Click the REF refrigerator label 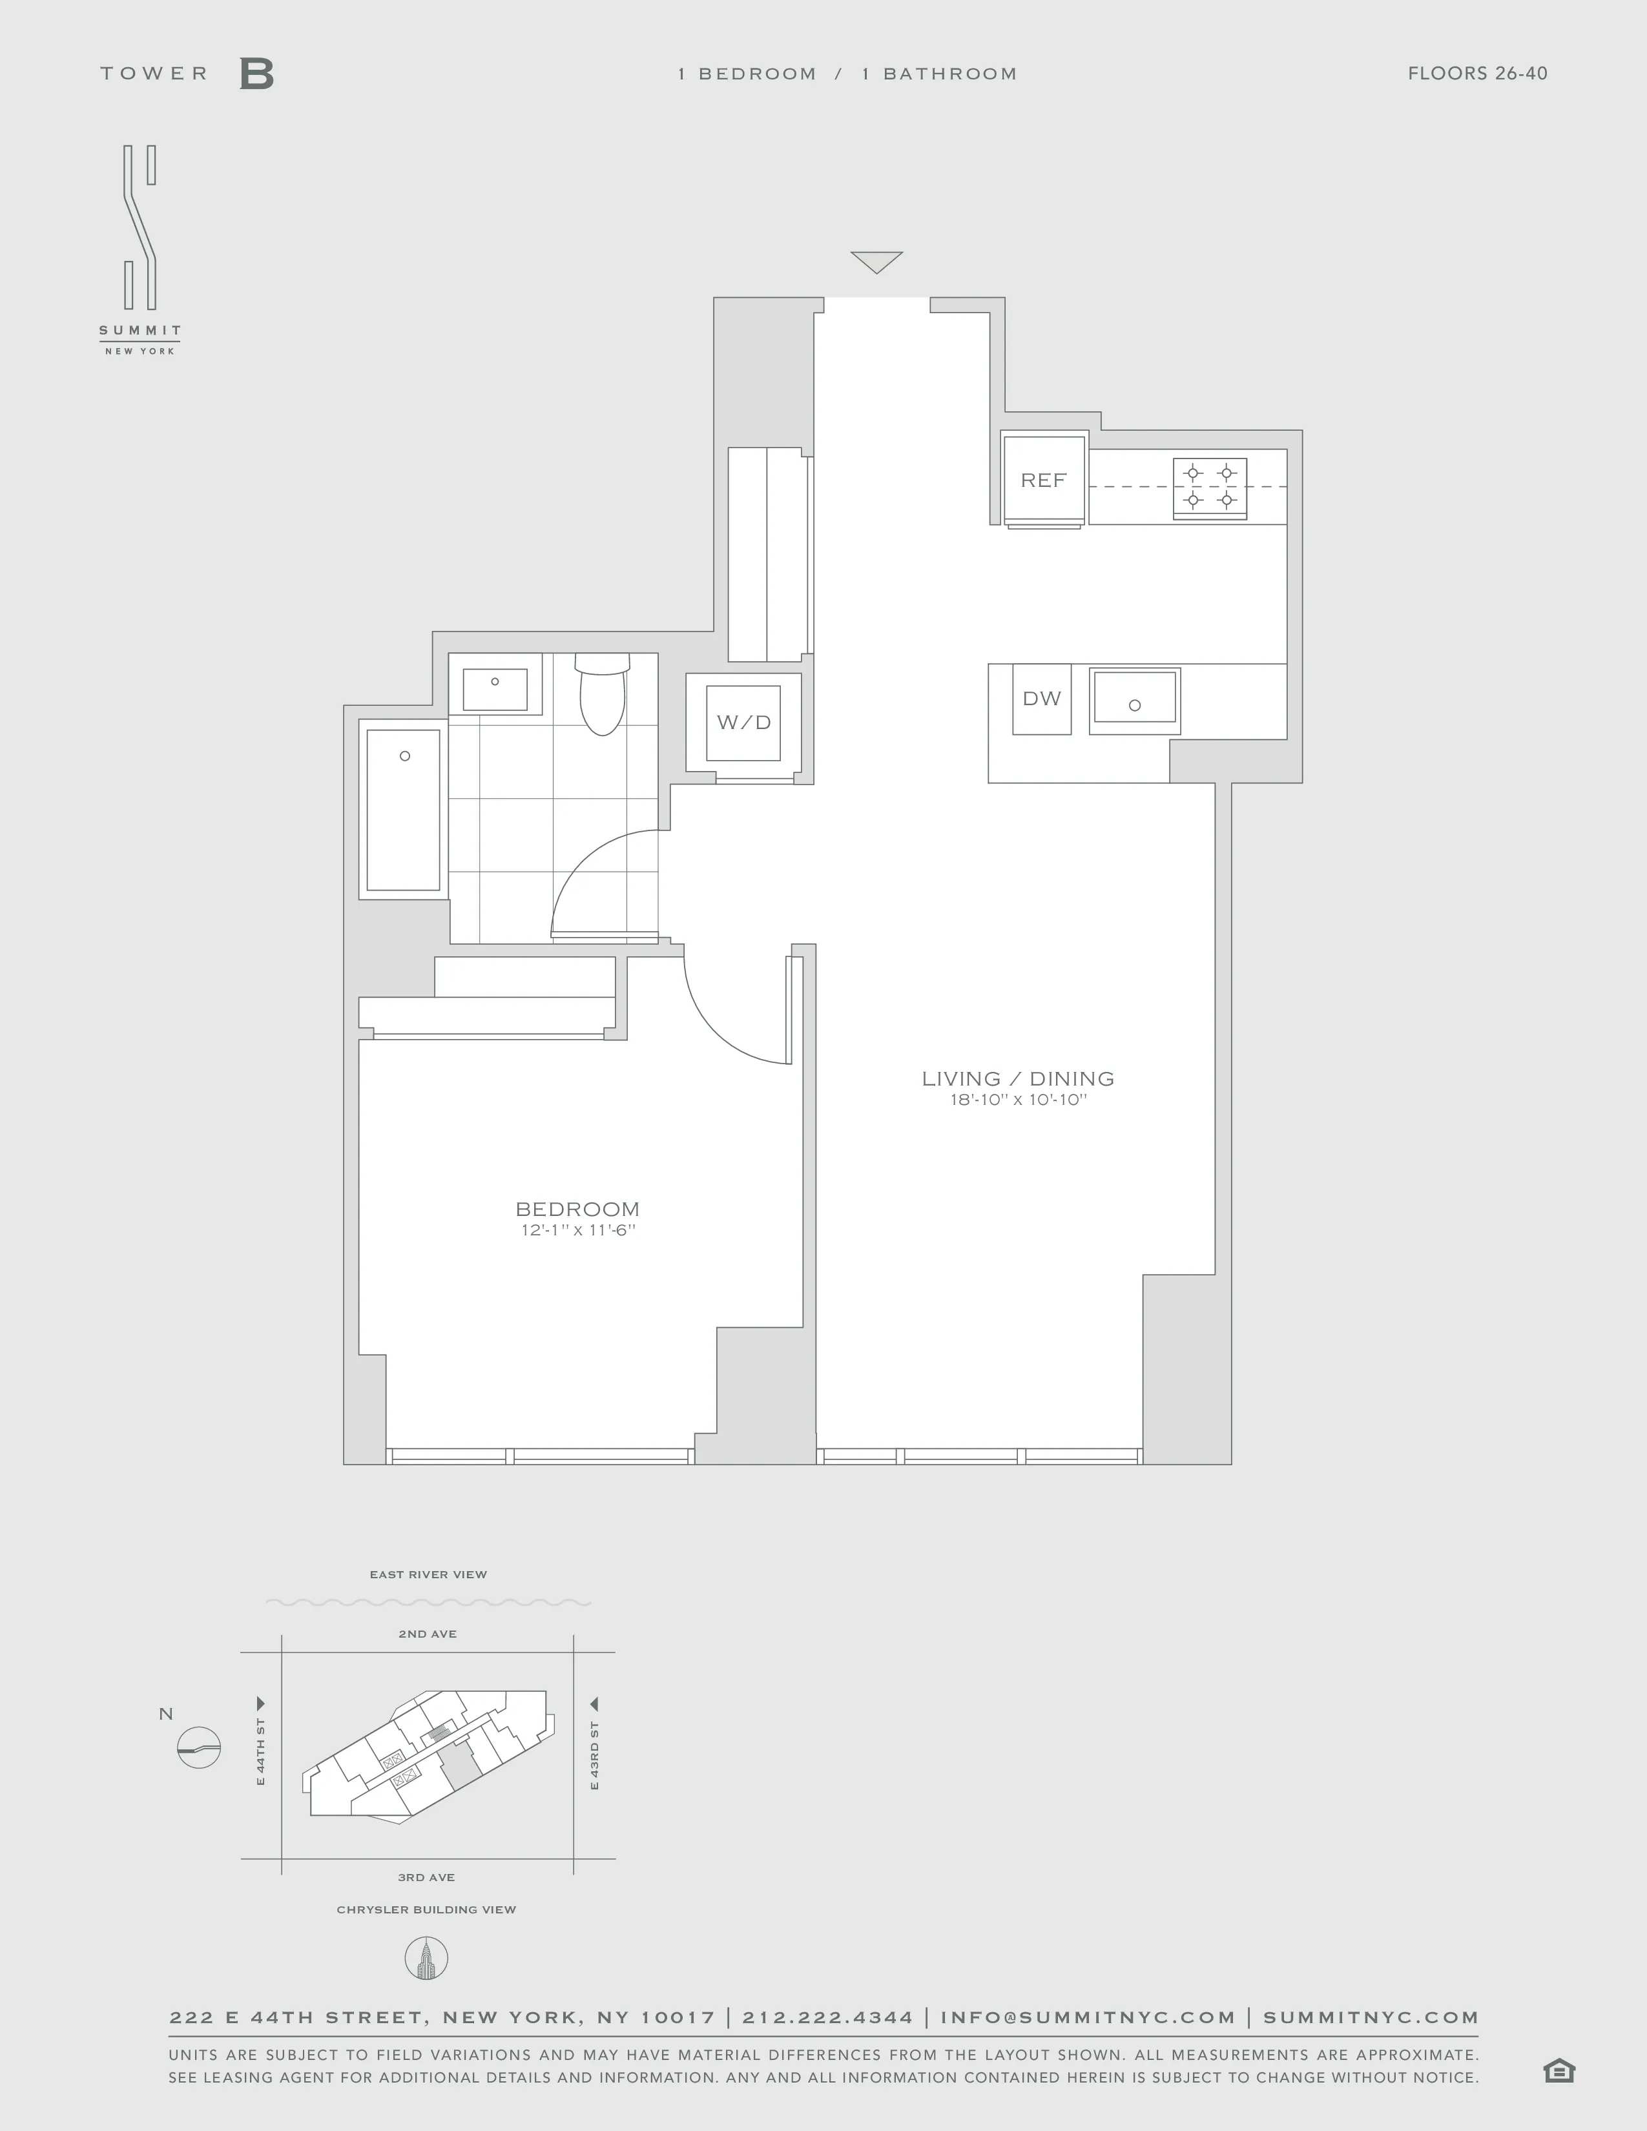1043,480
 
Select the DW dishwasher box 1041,699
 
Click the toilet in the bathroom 602,695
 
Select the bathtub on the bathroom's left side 403,810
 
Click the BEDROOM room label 577,1209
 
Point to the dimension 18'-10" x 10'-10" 1018,1100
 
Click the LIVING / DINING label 1018,1078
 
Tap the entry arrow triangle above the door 876,260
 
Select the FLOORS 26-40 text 1477,73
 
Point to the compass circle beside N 199,1747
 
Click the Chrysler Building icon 426,1959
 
